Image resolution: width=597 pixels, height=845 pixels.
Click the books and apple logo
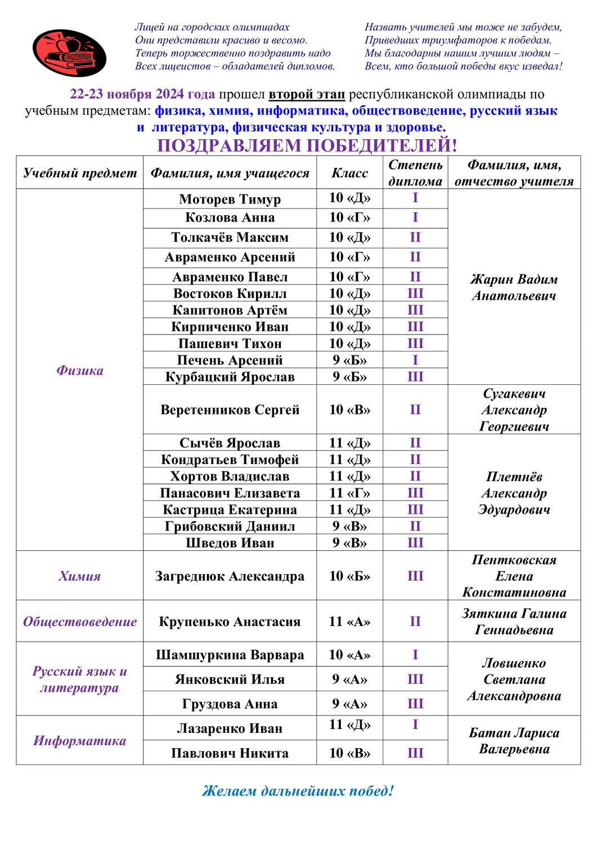click(69, 53)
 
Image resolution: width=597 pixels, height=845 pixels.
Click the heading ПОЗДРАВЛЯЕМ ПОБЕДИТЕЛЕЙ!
click(307, 145)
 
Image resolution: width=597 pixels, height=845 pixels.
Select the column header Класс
click(349, 173)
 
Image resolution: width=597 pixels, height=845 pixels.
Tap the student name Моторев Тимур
click(230, 199)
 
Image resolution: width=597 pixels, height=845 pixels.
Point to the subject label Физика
click(79, 370)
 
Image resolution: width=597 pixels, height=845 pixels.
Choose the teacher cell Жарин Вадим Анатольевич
click(514, 287)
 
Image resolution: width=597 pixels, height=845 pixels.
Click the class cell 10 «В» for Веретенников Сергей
click(349, 410)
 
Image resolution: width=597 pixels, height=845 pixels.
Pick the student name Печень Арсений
click(230, 360)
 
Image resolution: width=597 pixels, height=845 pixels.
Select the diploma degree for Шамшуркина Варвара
click(415, 655)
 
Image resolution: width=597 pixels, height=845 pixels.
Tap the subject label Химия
click(79, 576)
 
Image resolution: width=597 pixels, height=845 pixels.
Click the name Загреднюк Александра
click(230, 576)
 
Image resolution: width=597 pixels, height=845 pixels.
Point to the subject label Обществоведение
click(79, 621)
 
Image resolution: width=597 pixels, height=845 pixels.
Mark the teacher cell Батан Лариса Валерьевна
click(514, 741)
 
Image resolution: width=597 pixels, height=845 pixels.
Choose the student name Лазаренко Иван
click(230, 728)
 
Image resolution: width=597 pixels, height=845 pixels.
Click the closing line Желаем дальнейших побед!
click(298, 790)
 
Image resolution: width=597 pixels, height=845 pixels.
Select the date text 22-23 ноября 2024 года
click(142, 94)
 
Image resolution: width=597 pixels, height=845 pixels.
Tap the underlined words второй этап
click(307, 94)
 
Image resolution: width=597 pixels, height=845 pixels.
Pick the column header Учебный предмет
click(79, 173)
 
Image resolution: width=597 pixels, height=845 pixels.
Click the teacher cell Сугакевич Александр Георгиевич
click(514, 410)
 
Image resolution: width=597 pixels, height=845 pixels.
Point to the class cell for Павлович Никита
click(349, 753)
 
